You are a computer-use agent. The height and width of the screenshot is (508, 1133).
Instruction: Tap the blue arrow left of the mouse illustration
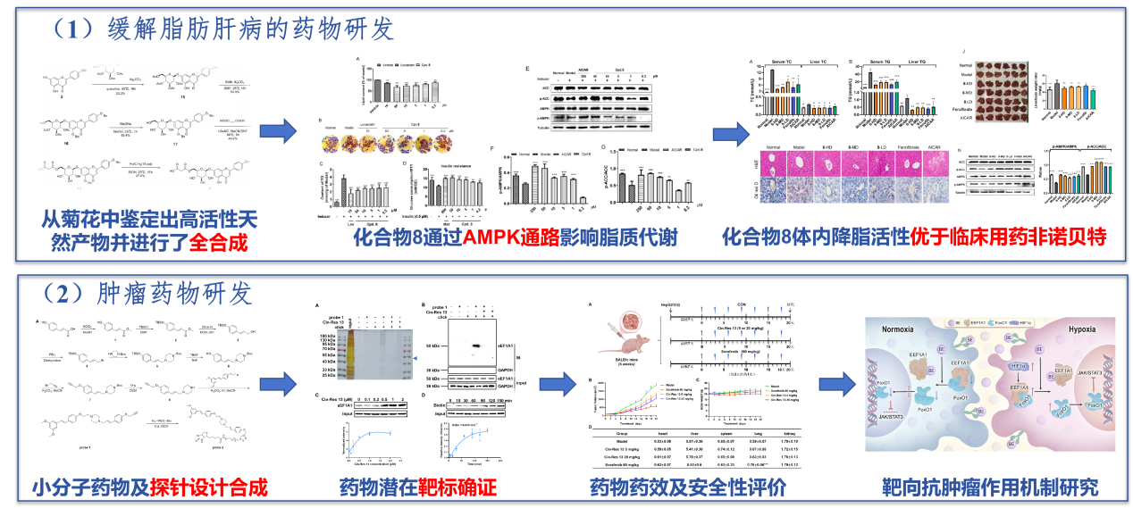556,385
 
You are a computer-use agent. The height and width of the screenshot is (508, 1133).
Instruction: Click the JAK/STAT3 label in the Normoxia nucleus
901,417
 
